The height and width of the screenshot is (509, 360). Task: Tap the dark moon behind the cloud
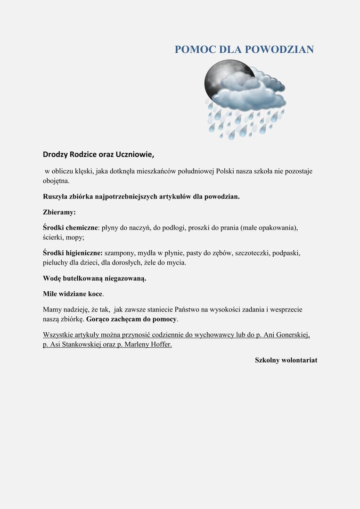218,78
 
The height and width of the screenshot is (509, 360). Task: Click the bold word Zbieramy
59,212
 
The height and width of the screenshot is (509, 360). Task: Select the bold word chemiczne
80,228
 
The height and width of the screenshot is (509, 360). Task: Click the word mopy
75,238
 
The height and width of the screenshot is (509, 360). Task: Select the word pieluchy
56,263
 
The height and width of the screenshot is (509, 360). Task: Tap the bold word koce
95,294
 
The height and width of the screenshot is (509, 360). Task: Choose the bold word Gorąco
99,319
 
